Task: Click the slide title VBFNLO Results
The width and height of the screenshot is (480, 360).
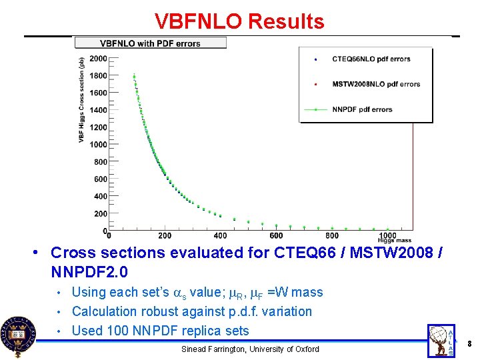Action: tap(239, 21)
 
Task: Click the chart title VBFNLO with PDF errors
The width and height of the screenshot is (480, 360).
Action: tap(150, 43)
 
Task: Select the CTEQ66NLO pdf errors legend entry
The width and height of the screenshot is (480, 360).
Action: tap(371, 59)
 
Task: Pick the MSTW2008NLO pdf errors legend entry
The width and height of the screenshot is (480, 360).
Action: tap(376, 85)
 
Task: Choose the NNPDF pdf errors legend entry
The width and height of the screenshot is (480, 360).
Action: tap(362, 109)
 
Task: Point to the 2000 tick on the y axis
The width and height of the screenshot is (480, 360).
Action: tap(98, 59)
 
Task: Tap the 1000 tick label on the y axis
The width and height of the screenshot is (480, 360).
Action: tap(98, 145)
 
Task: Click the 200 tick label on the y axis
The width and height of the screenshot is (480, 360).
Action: tap(100, 214)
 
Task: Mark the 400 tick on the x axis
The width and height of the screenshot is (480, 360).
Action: tap(220, 235)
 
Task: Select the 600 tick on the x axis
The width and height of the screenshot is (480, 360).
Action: tap(276, 235)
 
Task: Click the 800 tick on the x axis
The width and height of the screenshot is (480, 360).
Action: tap(332, 235)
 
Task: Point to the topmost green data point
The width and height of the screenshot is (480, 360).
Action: tap(134, 76)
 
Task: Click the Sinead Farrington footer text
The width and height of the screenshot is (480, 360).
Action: tap(250, 349)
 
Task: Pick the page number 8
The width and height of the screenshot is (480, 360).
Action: tap(470, 344)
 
